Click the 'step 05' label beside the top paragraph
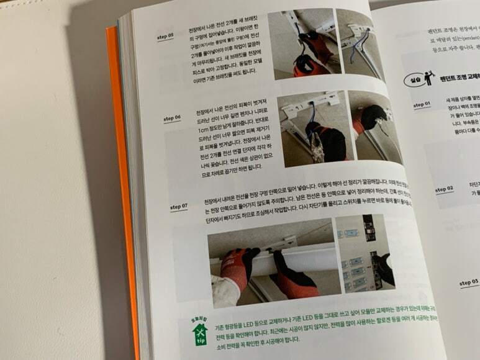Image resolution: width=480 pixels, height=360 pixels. (x=165, y=37)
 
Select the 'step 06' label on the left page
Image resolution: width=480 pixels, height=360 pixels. (x=172, y=118)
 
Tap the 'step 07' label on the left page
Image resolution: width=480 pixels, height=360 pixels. (x=178, y=205)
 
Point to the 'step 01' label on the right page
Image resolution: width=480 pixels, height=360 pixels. (x=422, y=104)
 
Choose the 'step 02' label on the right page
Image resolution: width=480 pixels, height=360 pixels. (x=445, y=189)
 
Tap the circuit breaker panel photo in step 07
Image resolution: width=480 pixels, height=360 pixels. (x=366, y=254)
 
